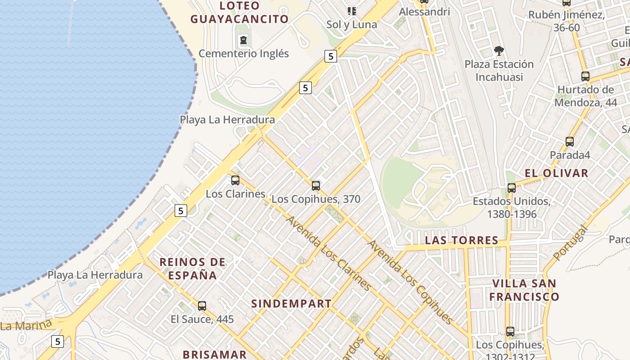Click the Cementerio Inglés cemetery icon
(x=243, y=40)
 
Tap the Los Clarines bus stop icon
(x=235, y=180)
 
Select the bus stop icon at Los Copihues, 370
(x=316, y=185)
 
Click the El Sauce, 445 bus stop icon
(x=202, y=306)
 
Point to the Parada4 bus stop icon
(x=570, y=142)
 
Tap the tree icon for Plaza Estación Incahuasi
(x=499, y=50)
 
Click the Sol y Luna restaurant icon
(x=351, y=11)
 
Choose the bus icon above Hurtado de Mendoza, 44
(x=585, y=76)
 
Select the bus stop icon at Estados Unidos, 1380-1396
(x=511, y=188)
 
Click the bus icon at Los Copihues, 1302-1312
(x=510, y=332)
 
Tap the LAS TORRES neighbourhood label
(x=462, y=240)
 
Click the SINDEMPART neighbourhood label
(x=291, y=304)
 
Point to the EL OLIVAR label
(x=556, y=173)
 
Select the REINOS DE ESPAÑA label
(x=193, y=268)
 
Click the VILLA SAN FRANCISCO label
(x=524, y=290)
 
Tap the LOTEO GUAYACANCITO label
(x=239, y=13)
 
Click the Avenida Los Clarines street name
(x=329, y=253)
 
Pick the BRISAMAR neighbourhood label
(x=215, y=354)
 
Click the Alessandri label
(x=424, y=12)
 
